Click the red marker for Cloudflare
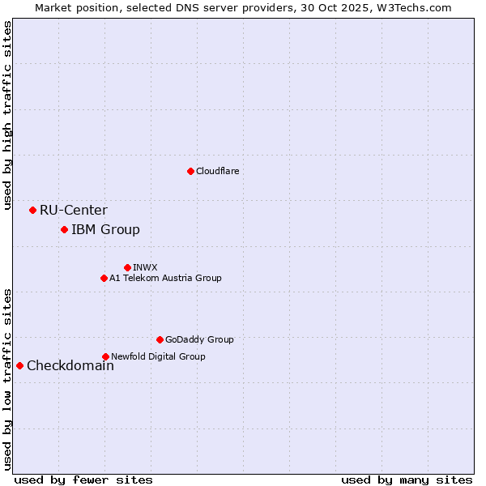click(190, 171)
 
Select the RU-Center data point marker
click(32, 210)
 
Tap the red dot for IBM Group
click(64, 229)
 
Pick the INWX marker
click(127, 267)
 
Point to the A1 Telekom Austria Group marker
click(104, 278)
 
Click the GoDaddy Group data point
click(160, 339)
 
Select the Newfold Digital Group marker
click(105, 356)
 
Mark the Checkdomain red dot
click(19, 365)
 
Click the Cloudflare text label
click(217, 171)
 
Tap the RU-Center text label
click(73, 211)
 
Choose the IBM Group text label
click(105, 230)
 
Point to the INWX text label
click(145, 267)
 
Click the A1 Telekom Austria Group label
click(165, 278)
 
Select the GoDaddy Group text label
click(199, 340)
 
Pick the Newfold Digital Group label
click(158, 356)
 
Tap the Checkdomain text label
click(70, 366)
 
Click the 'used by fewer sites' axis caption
click(83, 480)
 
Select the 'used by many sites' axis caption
click(407, 480)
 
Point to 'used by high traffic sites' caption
click(7, 115)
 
